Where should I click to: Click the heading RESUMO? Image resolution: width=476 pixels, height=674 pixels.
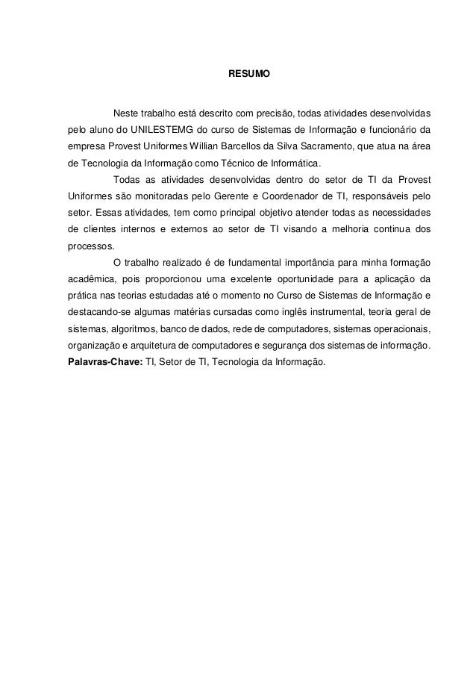click(x=238, y=75)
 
